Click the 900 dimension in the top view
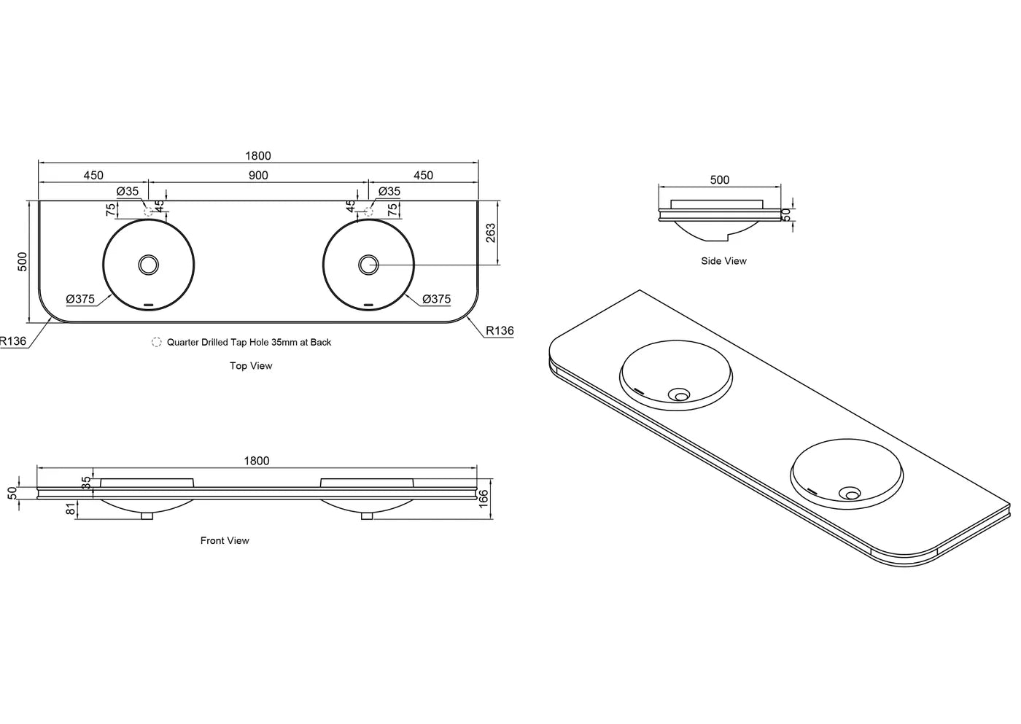coord(258,175)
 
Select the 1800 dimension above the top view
coord(258,155)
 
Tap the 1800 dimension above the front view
coord(256,461)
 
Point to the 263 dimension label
coord(491,233)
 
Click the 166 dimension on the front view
coord(484,499)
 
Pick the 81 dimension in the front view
coord(71,509)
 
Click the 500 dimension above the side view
coord(719,179)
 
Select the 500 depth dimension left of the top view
coord(23,262)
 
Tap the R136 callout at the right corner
coord(500,330)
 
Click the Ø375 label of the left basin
coord(80,299)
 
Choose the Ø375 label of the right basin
coord(436,299)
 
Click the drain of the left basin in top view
coord(149,265)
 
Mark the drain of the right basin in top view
coord(368,265)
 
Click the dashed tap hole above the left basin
coord(150,211)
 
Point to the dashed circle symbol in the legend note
coord(156,342)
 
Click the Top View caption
coord(251,366)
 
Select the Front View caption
coord(225,540)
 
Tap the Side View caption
coord(723,261)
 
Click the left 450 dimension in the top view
coord(93,175)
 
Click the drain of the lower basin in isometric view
coord(850,494)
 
